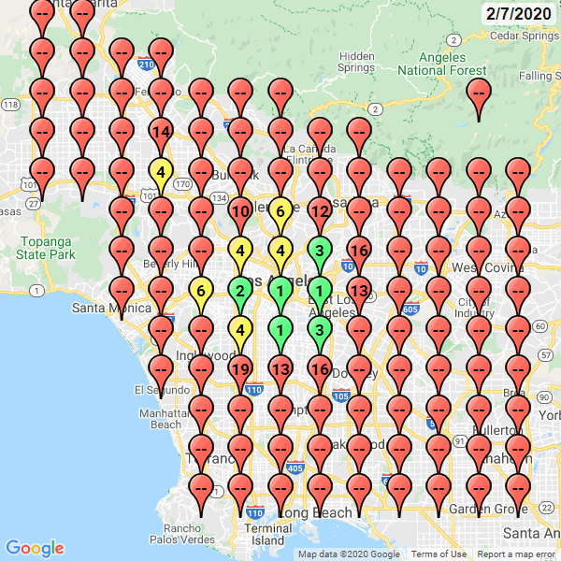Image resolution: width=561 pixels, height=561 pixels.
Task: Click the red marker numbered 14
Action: pos(161,132)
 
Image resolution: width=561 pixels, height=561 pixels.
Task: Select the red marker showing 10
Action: pos(240,211)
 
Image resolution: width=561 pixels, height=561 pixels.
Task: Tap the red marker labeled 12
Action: pos(320,211)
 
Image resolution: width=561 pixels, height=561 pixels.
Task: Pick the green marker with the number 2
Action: pos(240,291)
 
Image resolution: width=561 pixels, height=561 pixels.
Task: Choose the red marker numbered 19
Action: pos(240,369)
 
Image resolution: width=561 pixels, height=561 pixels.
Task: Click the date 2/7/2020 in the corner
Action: pos(518,14)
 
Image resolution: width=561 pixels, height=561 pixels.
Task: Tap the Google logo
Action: pos(35,548)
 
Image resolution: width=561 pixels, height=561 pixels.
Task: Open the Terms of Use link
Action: pos(439,554)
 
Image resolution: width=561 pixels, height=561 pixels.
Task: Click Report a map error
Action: pos(515,554)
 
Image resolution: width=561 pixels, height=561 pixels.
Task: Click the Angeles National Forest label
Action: pos(442,63)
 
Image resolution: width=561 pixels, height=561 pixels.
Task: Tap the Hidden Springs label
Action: pos(357,62)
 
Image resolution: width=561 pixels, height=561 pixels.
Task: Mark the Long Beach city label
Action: pos(315,512)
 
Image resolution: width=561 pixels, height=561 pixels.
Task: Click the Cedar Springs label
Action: pos(524,36)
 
